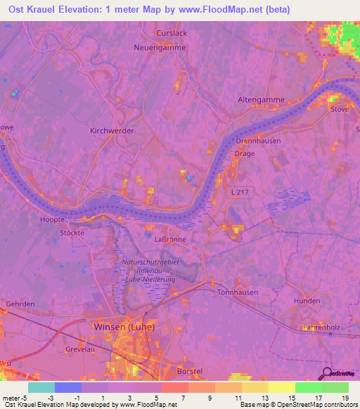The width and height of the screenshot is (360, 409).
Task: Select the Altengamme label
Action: coord(261,100)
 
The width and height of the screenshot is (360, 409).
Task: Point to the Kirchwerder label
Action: coord(111,131)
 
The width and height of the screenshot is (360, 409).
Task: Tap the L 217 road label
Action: coord(239,192)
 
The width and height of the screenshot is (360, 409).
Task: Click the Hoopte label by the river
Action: coord(52,219)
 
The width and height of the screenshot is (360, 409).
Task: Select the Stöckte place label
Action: coord(72,232)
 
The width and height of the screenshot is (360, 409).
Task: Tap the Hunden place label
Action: coord(307,300)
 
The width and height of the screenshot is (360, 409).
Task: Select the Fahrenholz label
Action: coord(321,327)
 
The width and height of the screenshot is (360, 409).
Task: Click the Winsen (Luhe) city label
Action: coord(124,327)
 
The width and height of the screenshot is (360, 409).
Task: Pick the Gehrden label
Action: coord(20,303)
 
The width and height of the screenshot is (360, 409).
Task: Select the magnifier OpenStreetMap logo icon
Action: coord(327,373)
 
